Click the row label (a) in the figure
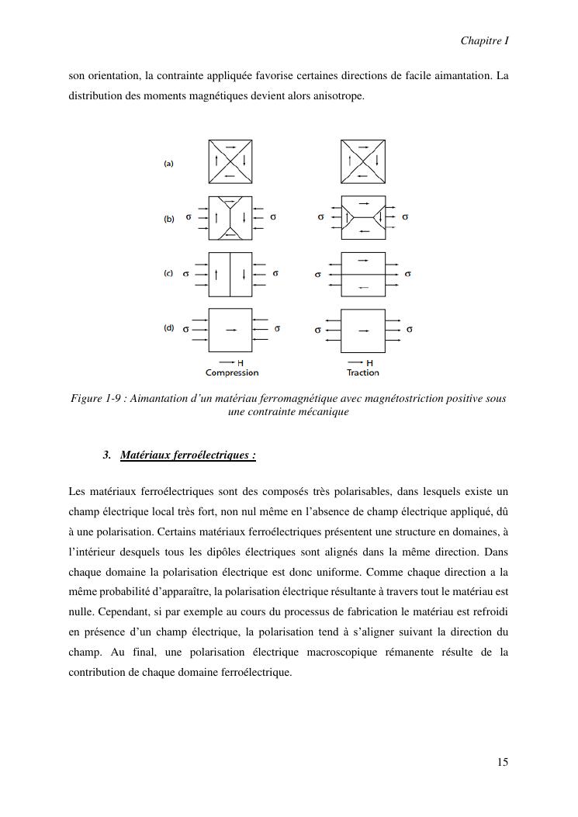pyautogui.click(x=168, y=164)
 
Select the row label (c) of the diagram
pyautogui.click(x=168, y=274)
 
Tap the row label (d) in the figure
pyautogui.click(x=168, y=328)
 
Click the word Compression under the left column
pyautogui.click(x=232, y=373)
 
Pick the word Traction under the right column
pyautogui.click(x=363, y=373)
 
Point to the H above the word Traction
pyautogui.click(x=369, y=362)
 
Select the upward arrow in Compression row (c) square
pyautogui.click(x=216, y=274)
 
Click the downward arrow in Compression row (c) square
pyautogui.click(x=244, y=274)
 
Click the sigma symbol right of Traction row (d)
pyautogui.click(x=409, y=330)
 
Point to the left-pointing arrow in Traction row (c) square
pyautogui.click(x=363, y=288)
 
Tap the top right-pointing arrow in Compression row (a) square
pyautogui.click(x=230, y=147)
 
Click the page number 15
pyautogui.click(x=503, y=762)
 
